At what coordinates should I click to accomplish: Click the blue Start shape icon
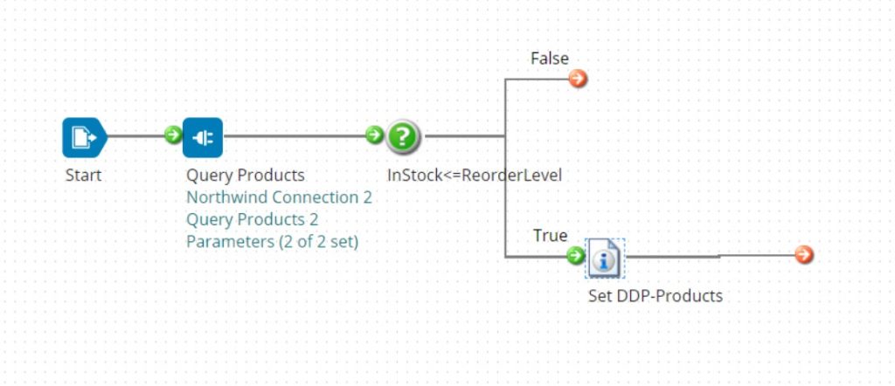84,137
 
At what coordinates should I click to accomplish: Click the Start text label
83,175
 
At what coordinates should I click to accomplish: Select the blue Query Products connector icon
203,137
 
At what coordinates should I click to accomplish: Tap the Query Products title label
245,175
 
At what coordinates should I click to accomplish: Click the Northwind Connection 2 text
279,197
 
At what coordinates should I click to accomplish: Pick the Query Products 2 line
252,219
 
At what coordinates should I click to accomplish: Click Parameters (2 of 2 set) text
272,242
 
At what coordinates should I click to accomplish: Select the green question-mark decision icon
403,136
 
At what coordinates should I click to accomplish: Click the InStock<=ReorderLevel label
474,175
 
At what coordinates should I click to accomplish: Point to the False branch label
550,59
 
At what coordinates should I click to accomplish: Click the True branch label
550,236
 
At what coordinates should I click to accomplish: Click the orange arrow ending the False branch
578,79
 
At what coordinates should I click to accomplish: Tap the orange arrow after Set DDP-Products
804,255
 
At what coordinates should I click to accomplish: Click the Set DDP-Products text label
656,295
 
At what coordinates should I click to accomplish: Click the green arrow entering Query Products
173,135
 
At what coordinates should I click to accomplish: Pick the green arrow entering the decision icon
374,135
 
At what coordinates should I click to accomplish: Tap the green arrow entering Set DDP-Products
575,255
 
